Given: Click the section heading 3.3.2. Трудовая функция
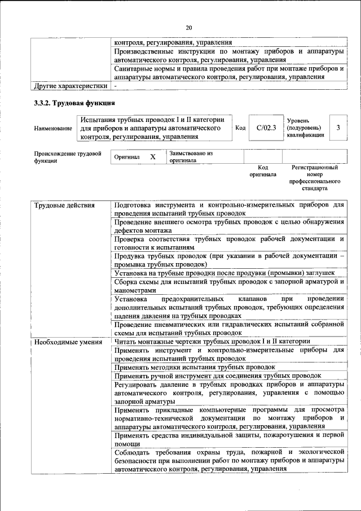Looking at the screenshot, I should pos(75,103).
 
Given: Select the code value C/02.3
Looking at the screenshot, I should pos(266,128).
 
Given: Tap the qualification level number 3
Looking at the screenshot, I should pos(338,128).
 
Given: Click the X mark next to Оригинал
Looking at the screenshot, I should pos(152,157).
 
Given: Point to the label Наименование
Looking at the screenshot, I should pos(53,129).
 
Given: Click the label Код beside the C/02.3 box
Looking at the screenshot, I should pos(240,129).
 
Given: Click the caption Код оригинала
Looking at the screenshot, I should pos(262,171).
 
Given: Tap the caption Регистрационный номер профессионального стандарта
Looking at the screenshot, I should pos(315,178).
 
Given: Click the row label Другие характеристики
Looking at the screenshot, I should pos(71,86).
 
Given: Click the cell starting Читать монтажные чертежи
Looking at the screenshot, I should pos(212,342).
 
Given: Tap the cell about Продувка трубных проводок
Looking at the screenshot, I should pos(228,260).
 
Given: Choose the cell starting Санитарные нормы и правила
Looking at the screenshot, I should pos(228,72).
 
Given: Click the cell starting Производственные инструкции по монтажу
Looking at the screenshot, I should pos(228,55).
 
